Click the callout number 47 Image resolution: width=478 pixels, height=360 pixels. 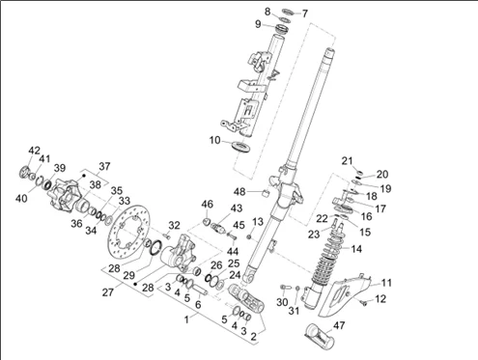pos(340,325)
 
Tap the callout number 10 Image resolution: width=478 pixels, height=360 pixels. pos(215,141)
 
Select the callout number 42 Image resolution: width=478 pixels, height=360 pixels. pos(35,151)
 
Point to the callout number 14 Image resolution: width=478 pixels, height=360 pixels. pos(355,249)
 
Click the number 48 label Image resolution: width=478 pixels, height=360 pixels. pos(239,192)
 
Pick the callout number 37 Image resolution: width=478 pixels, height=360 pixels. pos(104,167)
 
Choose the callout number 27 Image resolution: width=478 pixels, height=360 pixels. pos(108,292)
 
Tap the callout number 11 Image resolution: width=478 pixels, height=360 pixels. pos(386,283)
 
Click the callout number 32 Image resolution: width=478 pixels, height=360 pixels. pos(174,225)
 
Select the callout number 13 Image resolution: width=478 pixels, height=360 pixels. pos(258,222)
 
